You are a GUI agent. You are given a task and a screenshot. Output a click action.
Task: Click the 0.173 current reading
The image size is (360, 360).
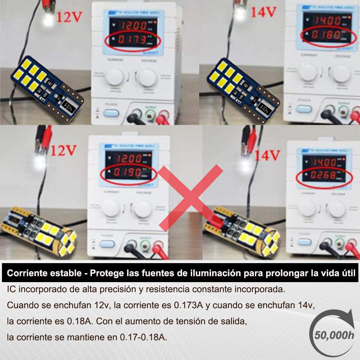pyautogui.click(x=132, y=40)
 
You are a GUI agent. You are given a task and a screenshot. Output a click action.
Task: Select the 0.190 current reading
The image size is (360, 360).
pyautogui.click(x=130, y=172)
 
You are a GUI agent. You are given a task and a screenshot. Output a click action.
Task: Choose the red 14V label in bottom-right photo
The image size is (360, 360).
pyautogui.click(x=267, y=154)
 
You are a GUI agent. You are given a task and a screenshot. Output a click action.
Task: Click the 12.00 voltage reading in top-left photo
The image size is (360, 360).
pyautogui.click(x=133, y=26)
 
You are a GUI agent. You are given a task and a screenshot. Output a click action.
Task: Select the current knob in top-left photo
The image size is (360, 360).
pyautogui.click(x=114, y=77)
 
